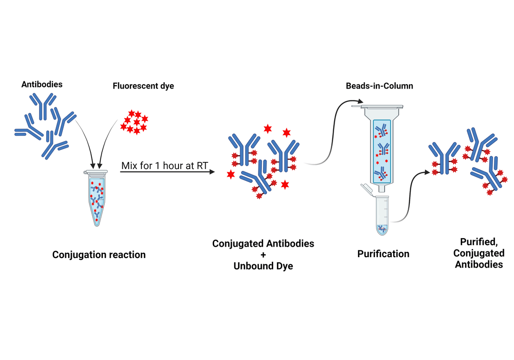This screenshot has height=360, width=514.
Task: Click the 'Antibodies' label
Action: coord(42,85)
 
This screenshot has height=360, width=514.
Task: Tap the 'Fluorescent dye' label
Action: coord(143,86)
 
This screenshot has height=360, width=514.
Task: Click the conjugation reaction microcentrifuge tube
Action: coord(97,197)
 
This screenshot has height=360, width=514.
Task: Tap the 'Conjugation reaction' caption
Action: coord(99,255)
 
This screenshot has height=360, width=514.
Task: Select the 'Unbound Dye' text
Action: coord(263,266)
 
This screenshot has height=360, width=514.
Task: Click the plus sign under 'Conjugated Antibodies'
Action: coord(263,255)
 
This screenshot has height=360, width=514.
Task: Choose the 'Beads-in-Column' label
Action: coord(379,86)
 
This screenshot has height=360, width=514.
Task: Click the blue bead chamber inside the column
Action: coord(382,150)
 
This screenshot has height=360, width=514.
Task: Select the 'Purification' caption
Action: coord(383,254)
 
